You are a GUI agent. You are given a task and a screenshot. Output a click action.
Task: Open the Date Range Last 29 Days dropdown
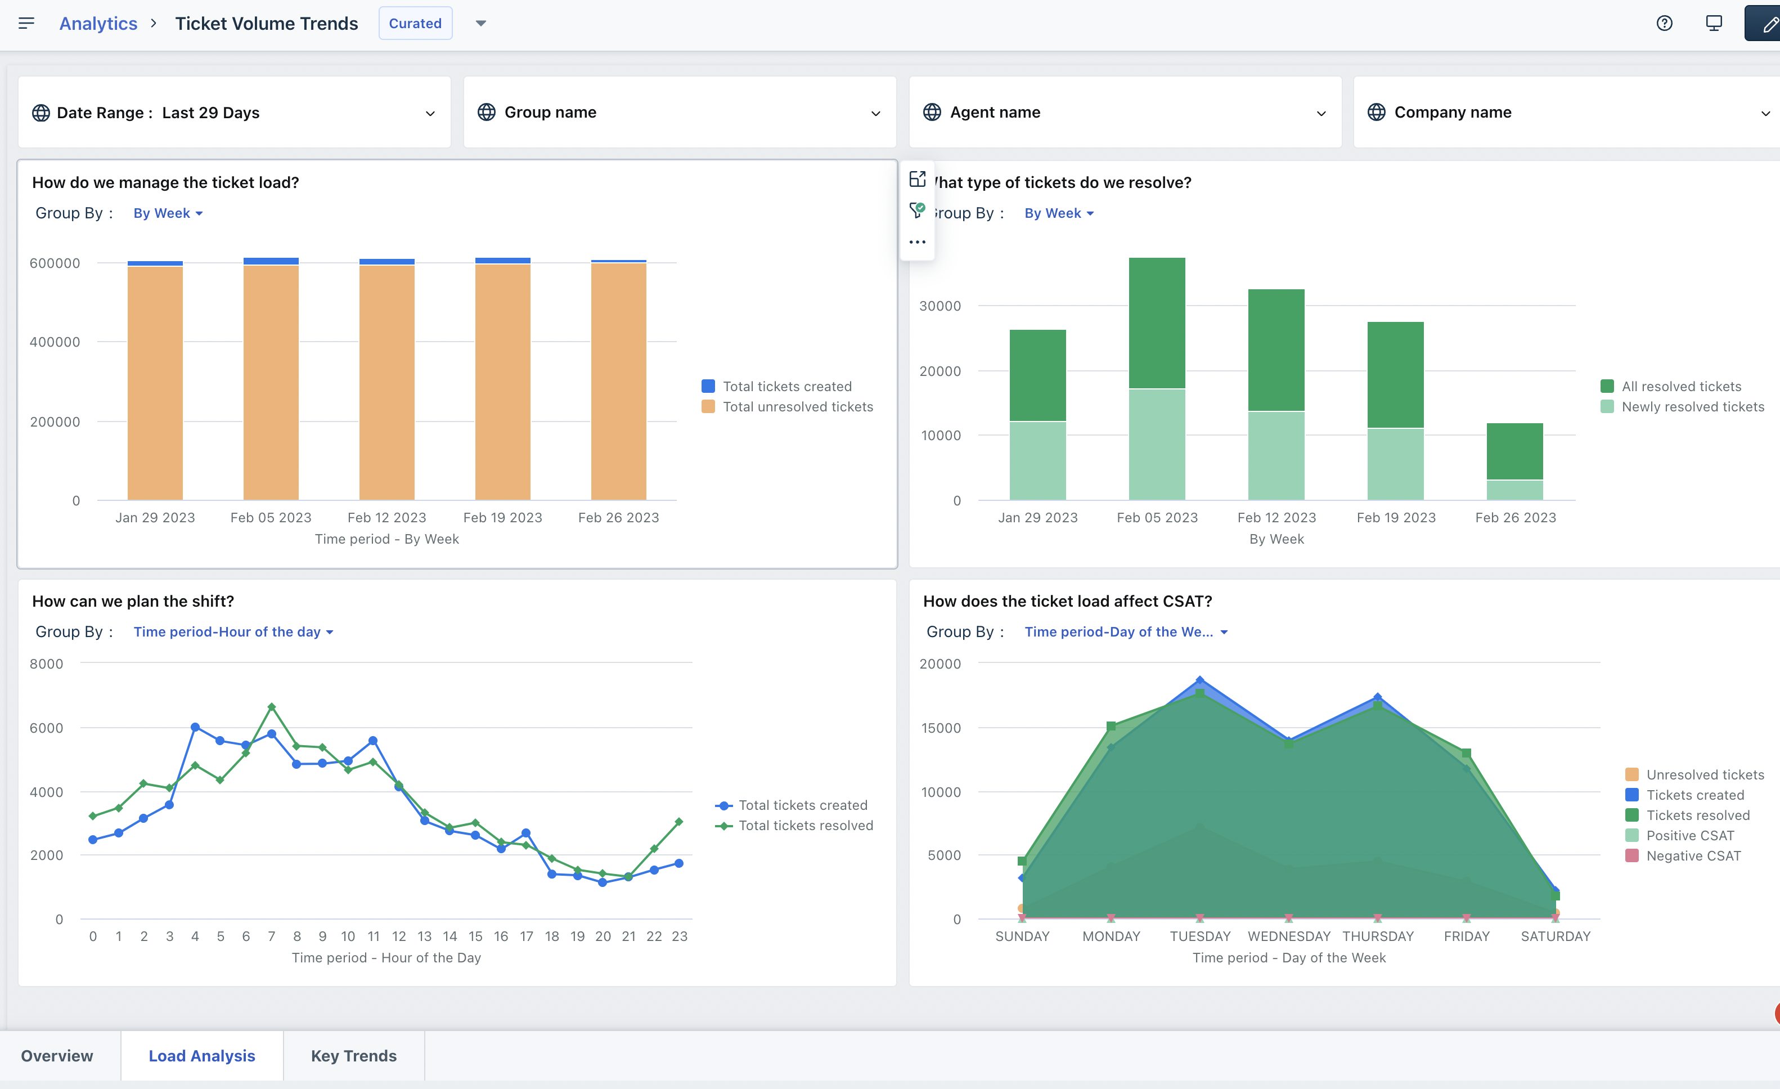point(233,113)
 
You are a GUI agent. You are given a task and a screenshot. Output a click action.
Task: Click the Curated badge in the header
point(415,23)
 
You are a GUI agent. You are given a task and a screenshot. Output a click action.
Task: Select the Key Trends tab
point(353,1056)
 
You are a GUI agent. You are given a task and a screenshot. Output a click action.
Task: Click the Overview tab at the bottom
point(57,1056)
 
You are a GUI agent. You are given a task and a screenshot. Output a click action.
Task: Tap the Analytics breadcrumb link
point(98,23)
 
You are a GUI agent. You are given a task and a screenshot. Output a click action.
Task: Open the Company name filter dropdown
point(1566,113)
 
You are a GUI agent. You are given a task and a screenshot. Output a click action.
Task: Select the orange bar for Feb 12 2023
point(386,383)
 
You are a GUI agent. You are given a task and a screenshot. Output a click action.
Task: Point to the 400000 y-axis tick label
point(55,342)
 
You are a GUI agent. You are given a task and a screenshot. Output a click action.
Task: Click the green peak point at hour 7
point(272,707)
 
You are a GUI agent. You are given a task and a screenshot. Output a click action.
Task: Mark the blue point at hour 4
point(195,727)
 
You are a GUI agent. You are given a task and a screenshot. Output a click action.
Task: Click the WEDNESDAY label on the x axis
point(1289,936)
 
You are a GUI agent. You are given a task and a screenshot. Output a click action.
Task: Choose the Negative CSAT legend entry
point(1693,855)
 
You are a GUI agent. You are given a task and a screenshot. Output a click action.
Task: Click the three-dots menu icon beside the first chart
point(918,242)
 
